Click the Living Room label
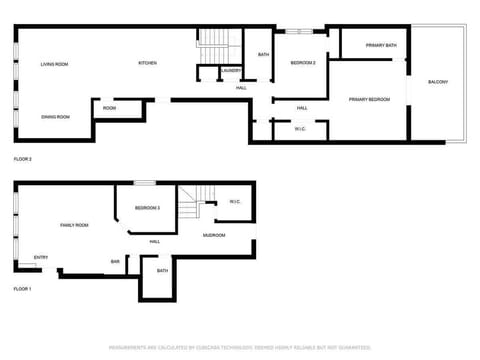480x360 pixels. tap(54, 64)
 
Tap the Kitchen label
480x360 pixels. tap(147, 63)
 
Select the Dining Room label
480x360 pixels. tap(55, 117)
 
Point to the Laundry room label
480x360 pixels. tap(231, 70)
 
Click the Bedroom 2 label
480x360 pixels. tap(303, 63)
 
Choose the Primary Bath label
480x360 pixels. tap(381, 45)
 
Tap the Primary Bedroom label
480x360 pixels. tap(369, 100)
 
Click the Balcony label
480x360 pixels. tap(438, 81)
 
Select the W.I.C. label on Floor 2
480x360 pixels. tap(301, 129)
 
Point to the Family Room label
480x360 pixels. tap(74, 225)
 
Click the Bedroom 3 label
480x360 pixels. tap(147, 207)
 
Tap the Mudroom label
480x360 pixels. tap(214, 235)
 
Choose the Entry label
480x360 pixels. tap(41, 257)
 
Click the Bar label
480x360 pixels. tap(115, 262)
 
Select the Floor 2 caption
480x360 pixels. tap(23, 159)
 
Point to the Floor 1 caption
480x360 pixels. tap(23, 288)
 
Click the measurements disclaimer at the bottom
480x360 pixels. tap(239, 348)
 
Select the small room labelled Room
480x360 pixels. tap(109, 108)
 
